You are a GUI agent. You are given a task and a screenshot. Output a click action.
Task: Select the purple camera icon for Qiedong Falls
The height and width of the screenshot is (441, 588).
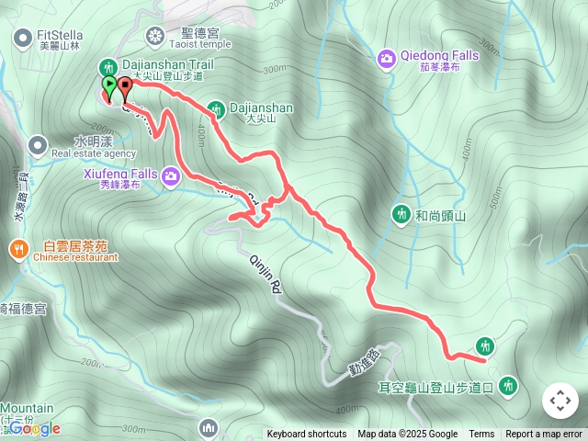point(387,59)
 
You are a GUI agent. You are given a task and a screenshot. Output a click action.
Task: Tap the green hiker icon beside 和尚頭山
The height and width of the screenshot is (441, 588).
point(401,214)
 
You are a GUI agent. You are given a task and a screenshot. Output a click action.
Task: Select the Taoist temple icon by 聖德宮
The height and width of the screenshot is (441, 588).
point(155,36)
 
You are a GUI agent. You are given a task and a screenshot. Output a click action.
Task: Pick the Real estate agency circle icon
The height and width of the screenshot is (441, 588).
point(38,144)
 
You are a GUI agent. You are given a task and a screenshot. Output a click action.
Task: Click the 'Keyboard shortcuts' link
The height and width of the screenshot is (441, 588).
point(307,435)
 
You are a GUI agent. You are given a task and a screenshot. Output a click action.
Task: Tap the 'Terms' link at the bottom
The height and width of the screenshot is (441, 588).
point(481,435)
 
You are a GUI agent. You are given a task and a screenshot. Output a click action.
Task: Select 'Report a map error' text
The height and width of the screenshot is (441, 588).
point(544,435)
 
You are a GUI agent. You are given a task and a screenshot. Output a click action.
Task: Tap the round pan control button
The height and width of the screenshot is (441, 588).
point(560,401)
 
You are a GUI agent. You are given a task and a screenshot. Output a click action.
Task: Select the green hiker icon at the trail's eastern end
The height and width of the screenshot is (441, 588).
point(486,346)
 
